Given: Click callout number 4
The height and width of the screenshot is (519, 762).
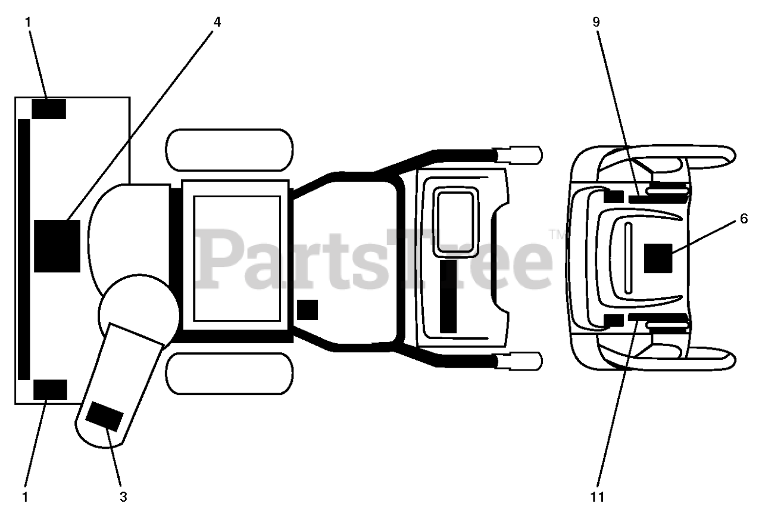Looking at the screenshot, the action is coord(217,22).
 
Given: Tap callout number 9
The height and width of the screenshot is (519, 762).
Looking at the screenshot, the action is coord(597,22).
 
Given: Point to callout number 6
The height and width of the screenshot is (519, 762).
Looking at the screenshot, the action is coord(744,219).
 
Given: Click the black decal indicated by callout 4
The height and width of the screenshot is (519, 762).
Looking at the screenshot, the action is coord(57,245).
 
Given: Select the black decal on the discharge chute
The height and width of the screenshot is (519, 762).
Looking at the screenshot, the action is coord(105,415).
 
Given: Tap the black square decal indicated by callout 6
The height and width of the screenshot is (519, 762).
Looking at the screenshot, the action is coord(658,258).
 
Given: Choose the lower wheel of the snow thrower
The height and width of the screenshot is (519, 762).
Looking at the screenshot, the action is coord(229,374).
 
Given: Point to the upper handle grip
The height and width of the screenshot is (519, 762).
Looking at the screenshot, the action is coord(519,154).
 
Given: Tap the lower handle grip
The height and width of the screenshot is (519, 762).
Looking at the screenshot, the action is coord(519,360).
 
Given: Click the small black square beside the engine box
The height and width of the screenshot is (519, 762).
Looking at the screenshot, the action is coord(307,310).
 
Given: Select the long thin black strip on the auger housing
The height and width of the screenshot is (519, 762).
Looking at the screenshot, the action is coord(24,249).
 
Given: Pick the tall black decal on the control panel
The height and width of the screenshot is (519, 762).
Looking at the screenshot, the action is coord(449,296).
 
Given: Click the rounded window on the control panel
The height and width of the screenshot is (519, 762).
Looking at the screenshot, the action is coord(455,221).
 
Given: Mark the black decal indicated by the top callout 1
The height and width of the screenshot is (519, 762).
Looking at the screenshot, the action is coord(49,109).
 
